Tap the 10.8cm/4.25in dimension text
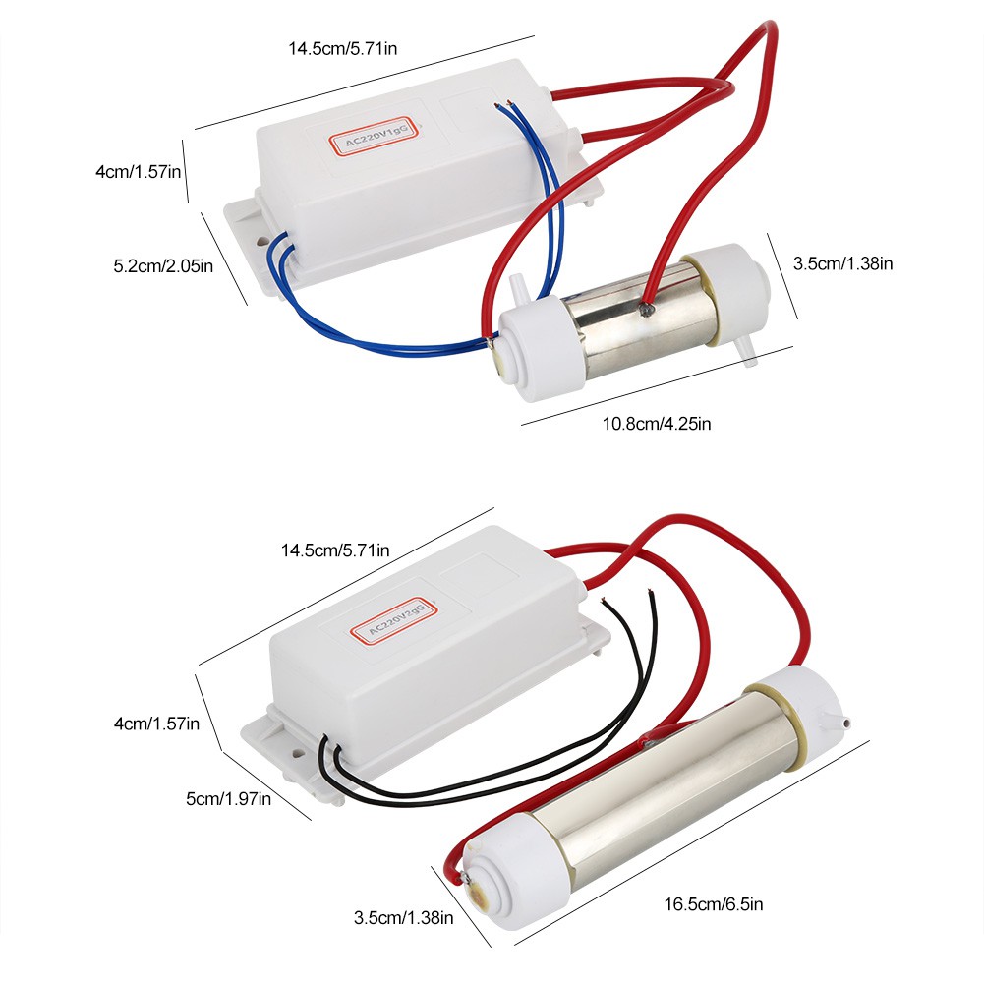[x=656, y=424]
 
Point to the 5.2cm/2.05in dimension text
[x=159, y=264]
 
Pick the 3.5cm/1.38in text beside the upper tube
[x=842, y=262]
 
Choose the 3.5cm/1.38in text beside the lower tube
[x=403, y=918]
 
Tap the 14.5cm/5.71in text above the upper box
[x=344, y=49]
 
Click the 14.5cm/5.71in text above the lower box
[x=335, y=550]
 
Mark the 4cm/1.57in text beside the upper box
[x=139, y=171]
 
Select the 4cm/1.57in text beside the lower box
[x=156, y=724]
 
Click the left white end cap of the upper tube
[x=536, y=350]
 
